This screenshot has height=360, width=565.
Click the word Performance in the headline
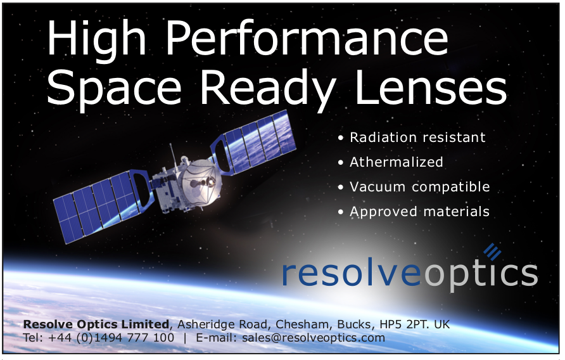click(307, 37)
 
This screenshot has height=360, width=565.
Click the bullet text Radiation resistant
click(417, 138)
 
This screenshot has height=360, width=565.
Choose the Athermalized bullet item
click(397, 162)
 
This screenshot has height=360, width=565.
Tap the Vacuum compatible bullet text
click(420, 186)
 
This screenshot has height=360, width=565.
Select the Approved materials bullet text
click(420, 212)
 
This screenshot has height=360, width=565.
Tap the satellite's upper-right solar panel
click(253, 144)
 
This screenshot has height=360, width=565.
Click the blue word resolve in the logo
click(352, 273)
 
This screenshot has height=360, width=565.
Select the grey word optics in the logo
click(481, 275)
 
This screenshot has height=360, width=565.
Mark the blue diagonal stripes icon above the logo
click(493, 251)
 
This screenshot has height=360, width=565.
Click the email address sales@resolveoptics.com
click(314, 338)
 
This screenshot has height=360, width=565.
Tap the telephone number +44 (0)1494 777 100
click(111, 338)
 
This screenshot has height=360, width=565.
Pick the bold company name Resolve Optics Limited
click(96, 325)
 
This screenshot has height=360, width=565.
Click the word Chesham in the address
click(302, 325)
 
